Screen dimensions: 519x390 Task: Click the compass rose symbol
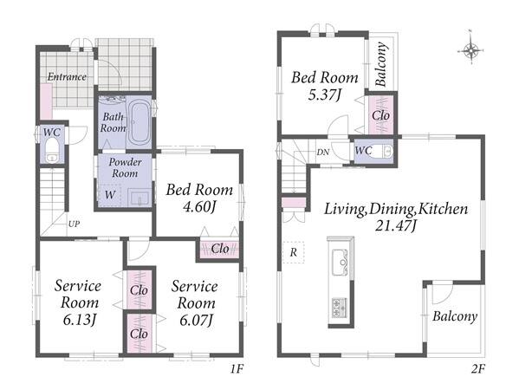(470, 50)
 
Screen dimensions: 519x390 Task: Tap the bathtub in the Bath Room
(139, 122)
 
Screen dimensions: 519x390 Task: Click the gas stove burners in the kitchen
(340, 308)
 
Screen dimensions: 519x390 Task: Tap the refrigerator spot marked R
(293, 252)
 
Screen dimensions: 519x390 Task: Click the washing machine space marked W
(109, 195)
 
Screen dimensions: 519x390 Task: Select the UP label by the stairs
(74, 224)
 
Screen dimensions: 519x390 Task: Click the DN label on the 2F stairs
(322, 153)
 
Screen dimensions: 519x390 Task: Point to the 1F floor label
(237, 368)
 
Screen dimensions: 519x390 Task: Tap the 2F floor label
(478, 368)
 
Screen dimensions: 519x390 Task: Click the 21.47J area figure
(395, 226)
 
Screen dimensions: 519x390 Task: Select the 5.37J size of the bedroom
(324, 95)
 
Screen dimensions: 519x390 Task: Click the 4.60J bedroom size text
(199, 207)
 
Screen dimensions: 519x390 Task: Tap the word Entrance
(67, 77)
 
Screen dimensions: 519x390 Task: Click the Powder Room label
(125, 167)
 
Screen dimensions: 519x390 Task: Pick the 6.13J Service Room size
(80, 320)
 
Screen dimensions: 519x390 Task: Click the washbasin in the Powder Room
(139, 198)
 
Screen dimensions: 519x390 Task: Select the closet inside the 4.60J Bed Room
(219, 249)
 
